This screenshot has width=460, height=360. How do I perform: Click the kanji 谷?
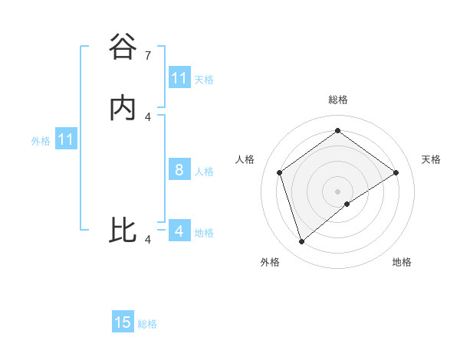pyautogui.click(x=123, y=47)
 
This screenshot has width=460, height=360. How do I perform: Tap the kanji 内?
pyautogui.click(x=123, y=108)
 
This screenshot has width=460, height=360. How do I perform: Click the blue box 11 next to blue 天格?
pyautogui.click(x=179, y=78)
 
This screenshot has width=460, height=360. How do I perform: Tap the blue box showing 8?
pyautogui.click(x=179, y=170)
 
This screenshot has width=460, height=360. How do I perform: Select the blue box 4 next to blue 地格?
pyautogui.click(x=179, y=231)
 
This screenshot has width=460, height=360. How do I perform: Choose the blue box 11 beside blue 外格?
pyautogui.click(x=66, y=140)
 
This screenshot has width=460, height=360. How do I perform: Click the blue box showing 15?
pyautogui.click(x=123, y=323)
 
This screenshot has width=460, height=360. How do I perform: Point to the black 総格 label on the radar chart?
pyautogui.click(x=338, y=100)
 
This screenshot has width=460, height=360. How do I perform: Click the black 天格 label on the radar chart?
pyautogui.click(x=432, y=159)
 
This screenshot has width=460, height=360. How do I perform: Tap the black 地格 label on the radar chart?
pyautogui.click(x=402, y=262)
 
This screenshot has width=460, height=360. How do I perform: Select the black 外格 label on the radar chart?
pyautogui.click(x=270, y=262)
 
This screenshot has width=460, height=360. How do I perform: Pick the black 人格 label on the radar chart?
pyautogui.click(x=245, y=159)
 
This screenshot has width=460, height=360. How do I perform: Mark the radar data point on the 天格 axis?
pyautogui.click(x=396, y=172)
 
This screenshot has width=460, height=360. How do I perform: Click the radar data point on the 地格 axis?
pyautogui.click(x=347, y=204)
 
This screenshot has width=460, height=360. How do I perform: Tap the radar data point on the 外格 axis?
pyautogui.click(x=302, y=242)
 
